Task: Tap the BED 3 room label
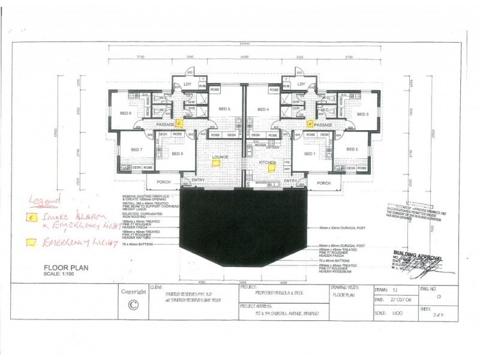click(362, 113)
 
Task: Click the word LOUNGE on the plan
click(219, 157)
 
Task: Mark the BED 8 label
click(178, 154)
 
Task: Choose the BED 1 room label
click(310, 154)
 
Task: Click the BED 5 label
click(224, 109)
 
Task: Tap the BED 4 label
click(263, 109)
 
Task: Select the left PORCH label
click(162, 183)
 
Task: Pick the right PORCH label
click(323, 183)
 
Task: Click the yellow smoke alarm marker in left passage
click(179, 124)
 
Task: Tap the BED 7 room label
click(136, 149)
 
